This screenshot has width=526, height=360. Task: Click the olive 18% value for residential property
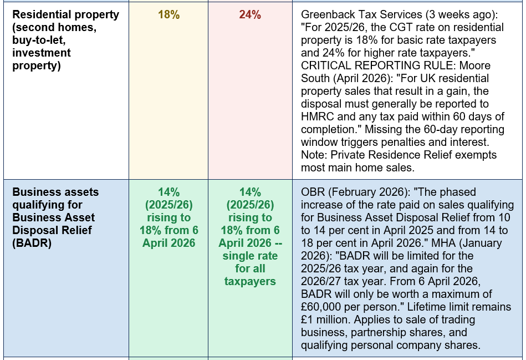coord(168,15)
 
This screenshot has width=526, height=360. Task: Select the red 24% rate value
coord(250,15)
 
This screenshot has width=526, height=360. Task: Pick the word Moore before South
coord(475,65)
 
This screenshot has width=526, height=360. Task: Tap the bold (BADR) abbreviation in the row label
coord(32,243)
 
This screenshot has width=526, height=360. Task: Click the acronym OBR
coord(313,192)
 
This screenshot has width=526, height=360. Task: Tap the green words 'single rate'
coord(250,256)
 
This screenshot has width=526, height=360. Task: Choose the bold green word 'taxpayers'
coord(250,281)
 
